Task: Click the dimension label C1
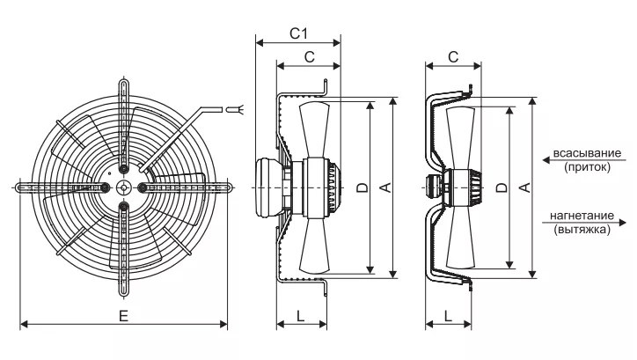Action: coord(298,33)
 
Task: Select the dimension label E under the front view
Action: coord(123,315)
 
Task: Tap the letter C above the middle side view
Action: coord(310,57)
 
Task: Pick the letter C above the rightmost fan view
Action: coord(453,57)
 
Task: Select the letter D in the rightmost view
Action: coord(502,187)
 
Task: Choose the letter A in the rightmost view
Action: coord(525,187)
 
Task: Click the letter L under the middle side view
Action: coord(300,315)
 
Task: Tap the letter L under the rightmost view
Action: coord(448,315)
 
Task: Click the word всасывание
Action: coord(587,153)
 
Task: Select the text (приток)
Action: coord(587,167)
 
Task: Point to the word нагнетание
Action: coord(582,216)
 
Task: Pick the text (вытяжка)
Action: coord(582,230)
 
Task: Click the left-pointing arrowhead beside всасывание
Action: coord(546,160)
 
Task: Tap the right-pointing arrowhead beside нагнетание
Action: coord(622,223)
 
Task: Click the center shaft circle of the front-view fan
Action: coord(123,187)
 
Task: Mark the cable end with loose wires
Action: coord(235,109)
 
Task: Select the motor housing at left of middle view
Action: coord(268,187)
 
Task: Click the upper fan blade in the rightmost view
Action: coord(460,138)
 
